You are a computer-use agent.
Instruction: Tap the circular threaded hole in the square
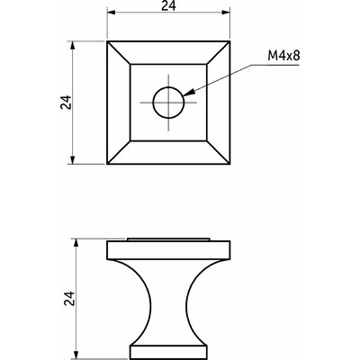[167, 103]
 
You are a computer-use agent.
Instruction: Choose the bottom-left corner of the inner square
[130, 141]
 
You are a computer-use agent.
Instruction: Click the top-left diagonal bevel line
[118, 52]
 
